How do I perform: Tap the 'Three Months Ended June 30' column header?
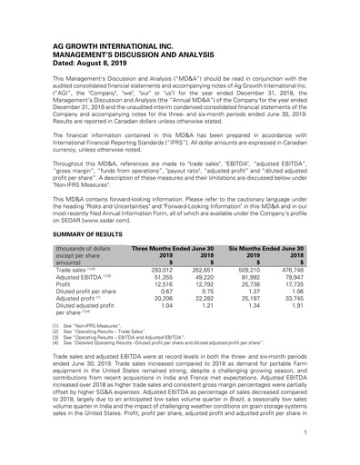click(173, 248)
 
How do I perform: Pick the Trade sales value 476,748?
click(290, 270)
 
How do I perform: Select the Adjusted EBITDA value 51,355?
click(161, 278)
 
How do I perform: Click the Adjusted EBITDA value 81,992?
click(248, 278)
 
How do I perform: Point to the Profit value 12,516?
click(161, 286)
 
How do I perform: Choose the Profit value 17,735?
click(292, 286)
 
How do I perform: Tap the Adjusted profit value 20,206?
click(161, 302)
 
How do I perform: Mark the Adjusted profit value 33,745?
click(292, 302)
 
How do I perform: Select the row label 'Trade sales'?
click(73, 270)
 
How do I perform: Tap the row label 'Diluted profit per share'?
click(88, 294)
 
